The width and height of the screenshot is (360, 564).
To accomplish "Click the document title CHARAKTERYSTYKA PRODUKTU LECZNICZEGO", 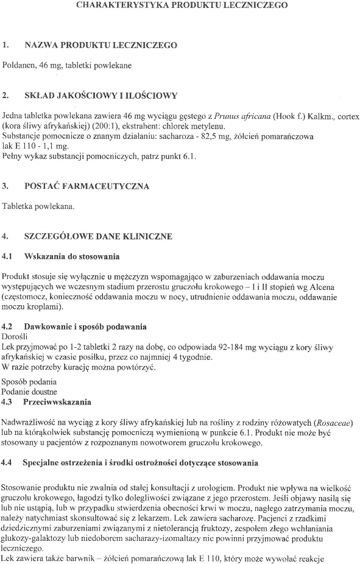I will point(182,5).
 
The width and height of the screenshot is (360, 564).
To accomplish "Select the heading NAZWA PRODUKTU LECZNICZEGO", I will point(101,45).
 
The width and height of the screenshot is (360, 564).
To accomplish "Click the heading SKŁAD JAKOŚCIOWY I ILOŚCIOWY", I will point(101,96).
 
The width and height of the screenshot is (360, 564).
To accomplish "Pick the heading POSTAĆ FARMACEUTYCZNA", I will point(86,186).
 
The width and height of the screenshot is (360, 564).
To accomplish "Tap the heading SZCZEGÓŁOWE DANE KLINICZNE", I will point(98,236).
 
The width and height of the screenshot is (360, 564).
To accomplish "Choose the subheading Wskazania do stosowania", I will point(71,256).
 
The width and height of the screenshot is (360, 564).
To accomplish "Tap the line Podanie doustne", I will point(30,392).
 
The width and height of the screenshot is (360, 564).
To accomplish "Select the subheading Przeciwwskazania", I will point(57,402).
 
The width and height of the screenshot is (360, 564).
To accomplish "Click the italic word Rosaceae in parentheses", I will point(334,423).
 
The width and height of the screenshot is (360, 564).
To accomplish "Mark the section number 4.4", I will point(8,463).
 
